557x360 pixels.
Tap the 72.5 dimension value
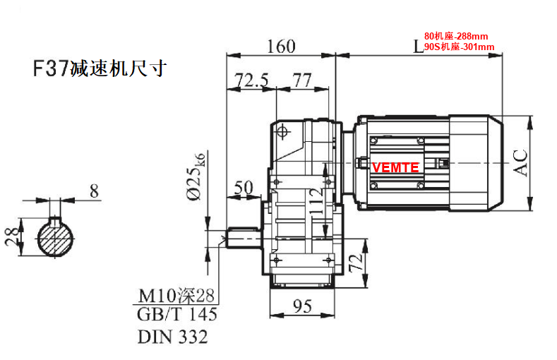click(x=251, y=80)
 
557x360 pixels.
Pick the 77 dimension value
click(x=302, y=80)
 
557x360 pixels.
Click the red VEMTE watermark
click(x=395, y=167)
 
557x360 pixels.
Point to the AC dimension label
click(x=520, y=162)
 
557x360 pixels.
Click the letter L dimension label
click(x=418, y=47)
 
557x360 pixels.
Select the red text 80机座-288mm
click(x=455, y=35)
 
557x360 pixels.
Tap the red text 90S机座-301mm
click(x=458, y=47)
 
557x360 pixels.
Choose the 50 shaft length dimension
click(x=243, y=188)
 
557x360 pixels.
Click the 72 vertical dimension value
click(x=358, y=264)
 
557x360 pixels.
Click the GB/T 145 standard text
click(x=176, y=314)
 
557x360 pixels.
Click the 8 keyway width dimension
click(x=94, y=190)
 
